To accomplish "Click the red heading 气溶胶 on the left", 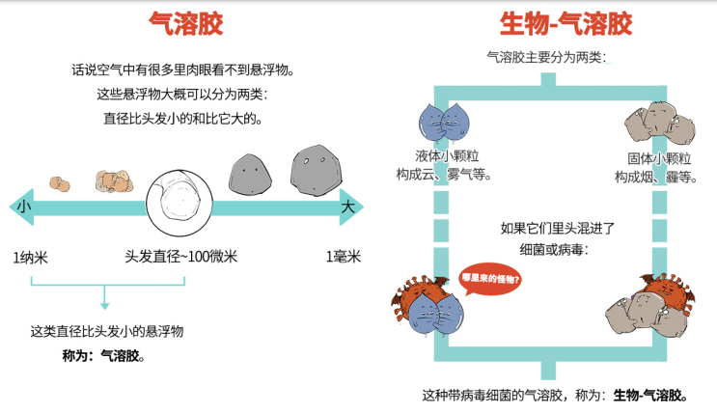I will point(179,22).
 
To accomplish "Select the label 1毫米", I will point(343,256).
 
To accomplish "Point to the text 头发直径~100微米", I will point(180,256).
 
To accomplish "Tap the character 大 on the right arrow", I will point(347,206).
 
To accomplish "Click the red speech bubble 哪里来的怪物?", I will point(491,281).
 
